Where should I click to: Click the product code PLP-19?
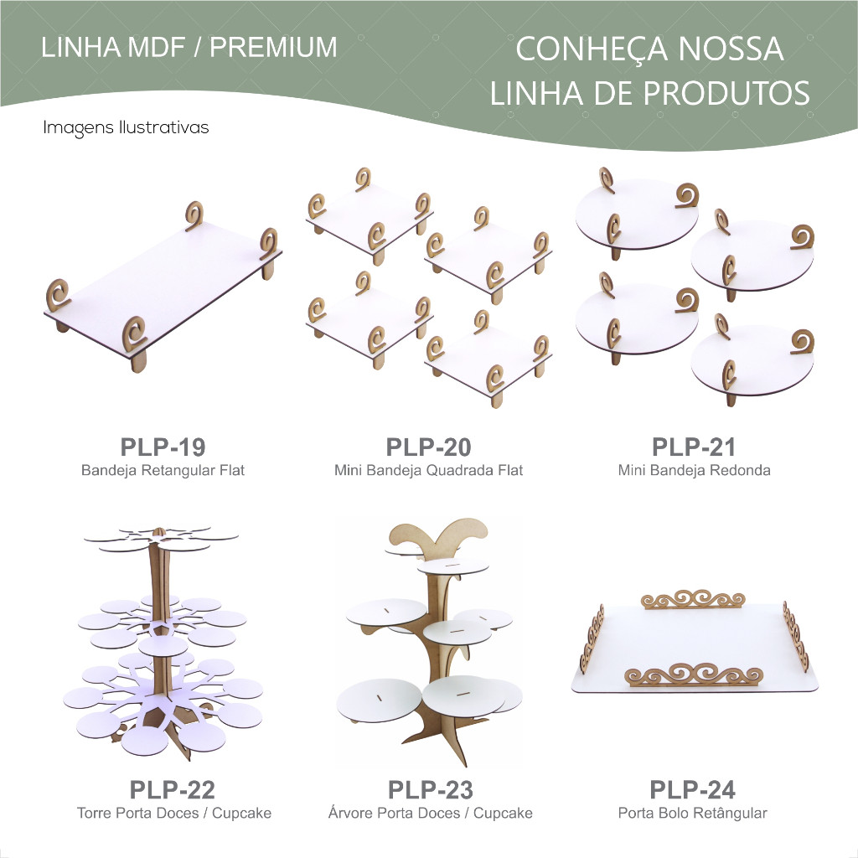(x=163, y=447)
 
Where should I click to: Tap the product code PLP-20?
(x=428, y=447)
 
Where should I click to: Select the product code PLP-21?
(x=693, y=447)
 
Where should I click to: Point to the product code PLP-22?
(x=173, y=789)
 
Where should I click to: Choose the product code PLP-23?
(x=431, y=789)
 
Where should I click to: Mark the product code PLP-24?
(x=693, y=789)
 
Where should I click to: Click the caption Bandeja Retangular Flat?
(x=163, y=471)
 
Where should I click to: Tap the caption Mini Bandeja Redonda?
(x=695, y=470)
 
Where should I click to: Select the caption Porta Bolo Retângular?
(x=693, y=813)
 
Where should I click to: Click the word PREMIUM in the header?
(x=274, y=47)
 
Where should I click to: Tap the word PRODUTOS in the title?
(x=726, y=93)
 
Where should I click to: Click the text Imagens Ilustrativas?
(x=126, y=127)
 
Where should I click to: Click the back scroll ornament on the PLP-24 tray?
(x=693, y=599)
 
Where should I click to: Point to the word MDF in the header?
(x=156, y=47)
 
